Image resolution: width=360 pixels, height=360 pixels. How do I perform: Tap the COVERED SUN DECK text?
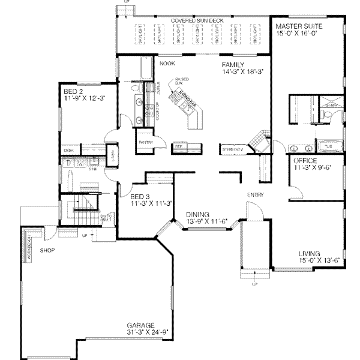pos(197,20)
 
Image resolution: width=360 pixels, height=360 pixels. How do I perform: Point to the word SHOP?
pos(49,249)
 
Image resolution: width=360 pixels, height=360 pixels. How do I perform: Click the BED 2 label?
pos(73,92)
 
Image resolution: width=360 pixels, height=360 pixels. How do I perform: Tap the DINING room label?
pos(199,214)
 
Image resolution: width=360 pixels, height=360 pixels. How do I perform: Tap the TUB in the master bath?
pos(329,146)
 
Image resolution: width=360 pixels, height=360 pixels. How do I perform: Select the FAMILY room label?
pos(232,64)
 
